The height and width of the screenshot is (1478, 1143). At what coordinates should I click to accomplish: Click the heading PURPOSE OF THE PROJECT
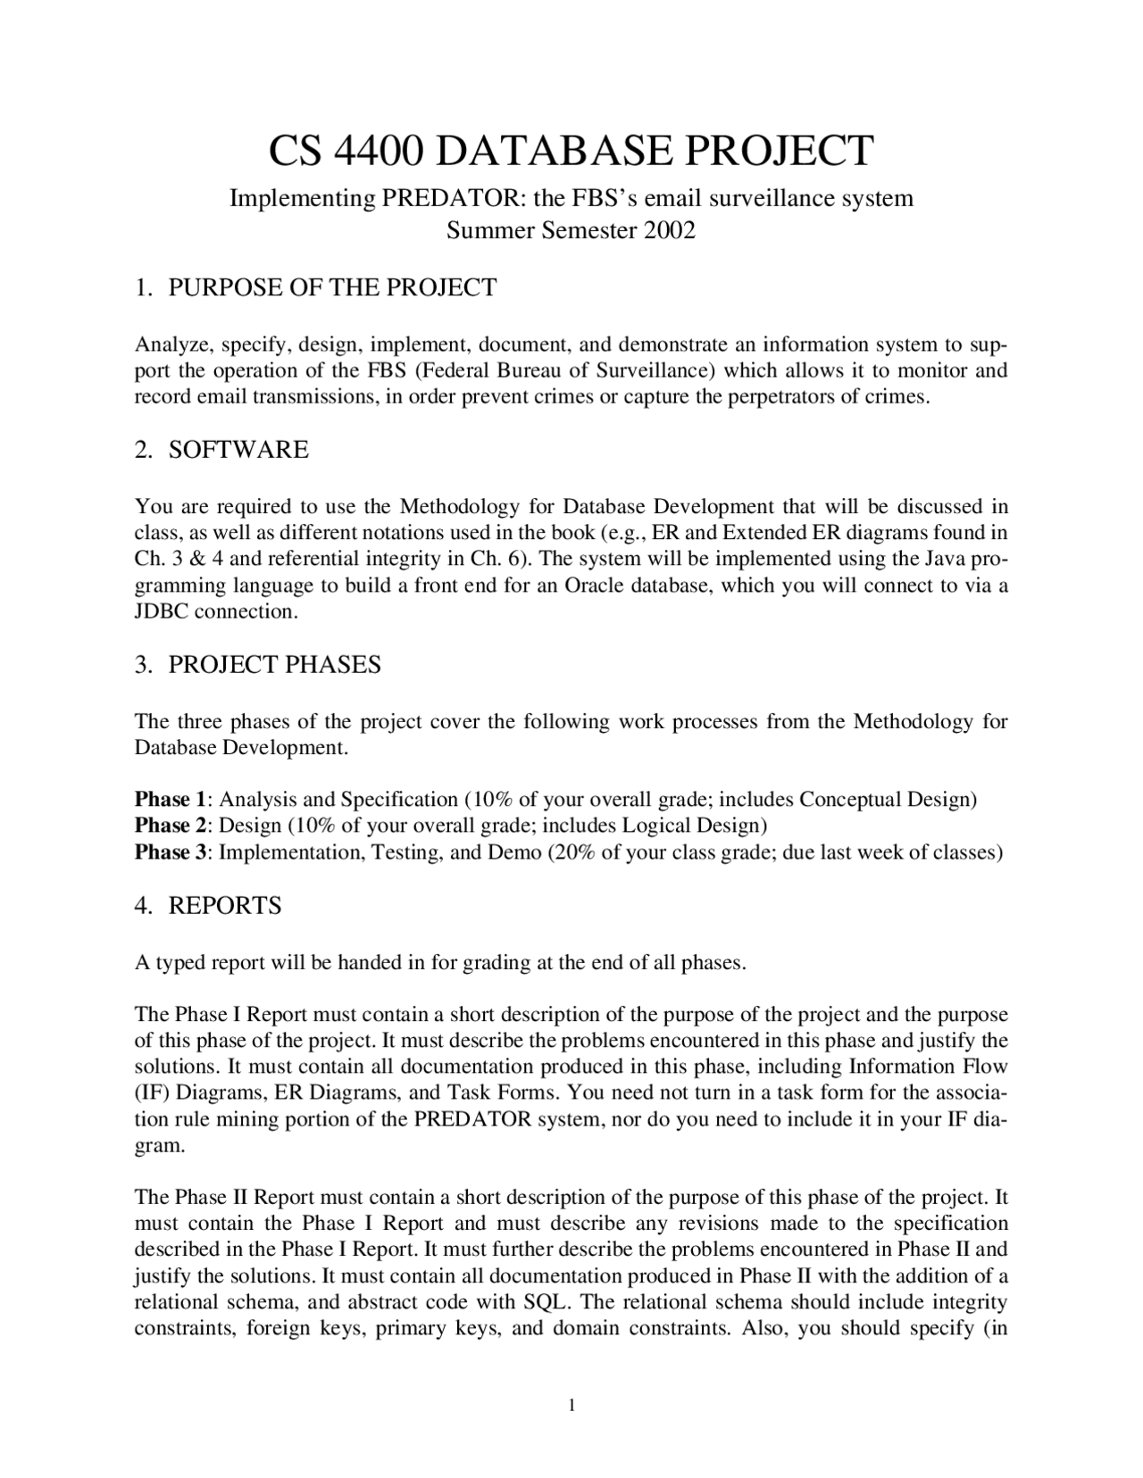pyautogui.click(x=332, y=287)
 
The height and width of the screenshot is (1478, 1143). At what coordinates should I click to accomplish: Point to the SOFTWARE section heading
pyautogui.click(x=238, y=449)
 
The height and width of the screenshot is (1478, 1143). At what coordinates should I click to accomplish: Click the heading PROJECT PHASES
pyautogui.click(x=274, y=664)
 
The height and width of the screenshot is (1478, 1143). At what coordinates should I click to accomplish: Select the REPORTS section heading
pyautogui.click(x=224, y=905)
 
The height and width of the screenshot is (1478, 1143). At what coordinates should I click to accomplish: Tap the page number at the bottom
pyautogui.click(x=571, y=1407)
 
